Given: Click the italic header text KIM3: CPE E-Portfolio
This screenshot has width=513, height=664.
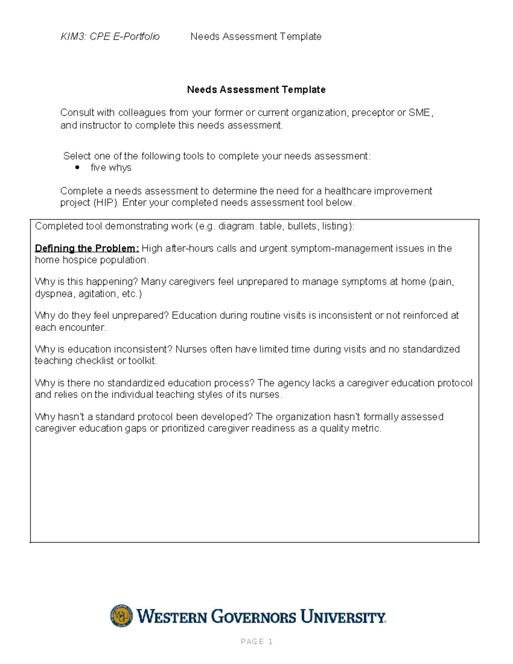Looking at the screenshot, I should [110, 37].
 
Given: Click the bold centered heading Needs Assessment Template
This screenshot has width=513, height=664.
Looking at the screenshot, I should [256, 90].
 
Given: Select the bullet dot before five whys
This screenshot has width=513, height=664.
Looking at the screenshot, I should [77, 168].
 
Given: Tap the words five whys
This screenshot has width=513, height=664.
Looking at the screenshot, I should [111, 168].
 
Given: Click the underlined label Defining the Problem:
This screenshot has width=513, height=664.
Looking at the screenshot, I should [87, 248].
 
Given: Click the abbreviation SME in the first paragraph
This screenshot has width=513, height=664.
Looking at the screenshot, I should [420, 113].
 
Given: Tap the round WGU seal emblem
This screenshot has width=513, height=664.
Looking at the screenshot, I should [121, 616].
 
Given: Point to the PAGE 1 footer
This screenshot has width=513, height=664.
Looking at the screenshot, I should [256, 641].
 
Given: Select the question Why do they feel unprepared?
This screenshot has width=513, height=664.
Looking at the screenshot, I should [102, 316].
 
